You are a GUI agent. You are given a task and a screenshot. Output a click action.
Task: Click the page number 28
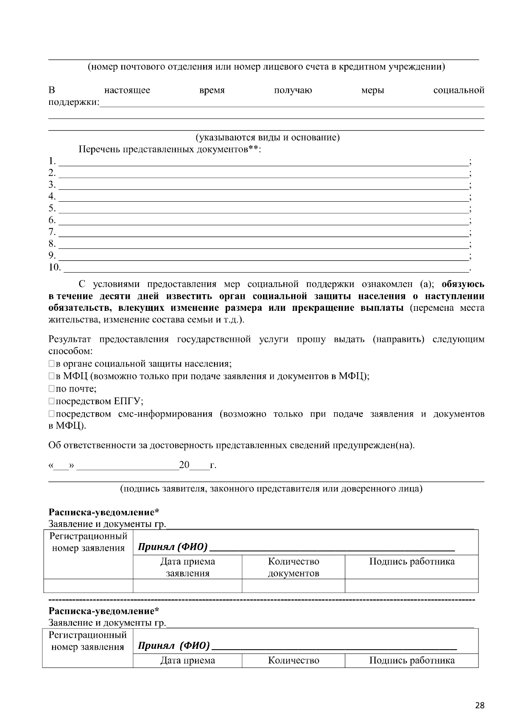pos(479,706)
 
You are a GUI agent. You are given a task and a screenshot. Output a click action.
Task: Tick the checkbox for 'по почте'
pos(51,389)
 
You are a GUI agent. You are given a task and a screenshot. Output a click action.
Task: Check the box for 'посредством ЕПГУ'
pos(51,401)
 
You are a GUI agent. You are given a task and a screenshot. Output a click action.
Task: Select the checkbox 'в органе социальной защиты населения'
pos(51,364)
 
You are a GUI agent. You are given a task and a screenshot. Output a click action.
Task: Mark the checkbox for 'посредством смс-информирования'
pos(51,414)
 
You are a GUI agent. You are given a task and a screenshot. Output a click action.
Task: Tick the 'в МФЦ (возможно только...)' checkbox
pos(51,376)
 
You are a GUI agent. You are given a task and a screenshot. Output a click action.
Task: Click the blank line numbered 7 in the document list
pos(263,232)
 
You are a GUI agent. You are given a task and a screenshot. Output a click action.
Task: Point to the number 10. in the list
pos(55,268)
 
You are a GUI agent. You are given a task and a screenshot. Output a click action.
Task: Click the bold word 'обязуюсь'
pos(463,284)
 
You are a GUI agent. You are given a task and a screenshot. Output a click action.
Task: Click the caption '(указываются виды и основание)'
pos(267,138)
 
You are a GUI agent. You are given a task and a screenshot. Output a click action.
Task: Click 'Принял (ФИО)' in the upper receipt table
pos(173,546)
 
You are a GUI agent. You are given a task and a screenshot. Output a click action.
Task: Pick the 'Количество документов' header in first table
pos(294,567)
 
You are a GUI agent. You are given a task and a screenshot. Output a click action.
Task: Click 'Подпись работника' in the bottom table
pos(411,660)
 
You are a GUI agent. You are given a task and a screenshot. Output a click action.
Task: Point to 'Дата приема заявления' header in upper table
pos(187,567)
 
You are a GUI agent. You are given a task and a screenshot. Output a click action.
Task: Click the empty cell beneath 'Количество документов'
pos(293,586)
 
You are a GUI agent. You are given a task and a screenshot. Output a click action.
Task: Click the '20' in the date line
pos(184,465)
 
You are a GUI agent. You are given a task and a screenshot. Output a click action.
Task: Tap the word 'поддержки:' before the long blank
pos(73,102)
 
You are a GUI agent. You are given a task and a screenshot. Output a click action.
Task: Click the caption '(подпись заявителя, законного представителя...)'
pos(271,488)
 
